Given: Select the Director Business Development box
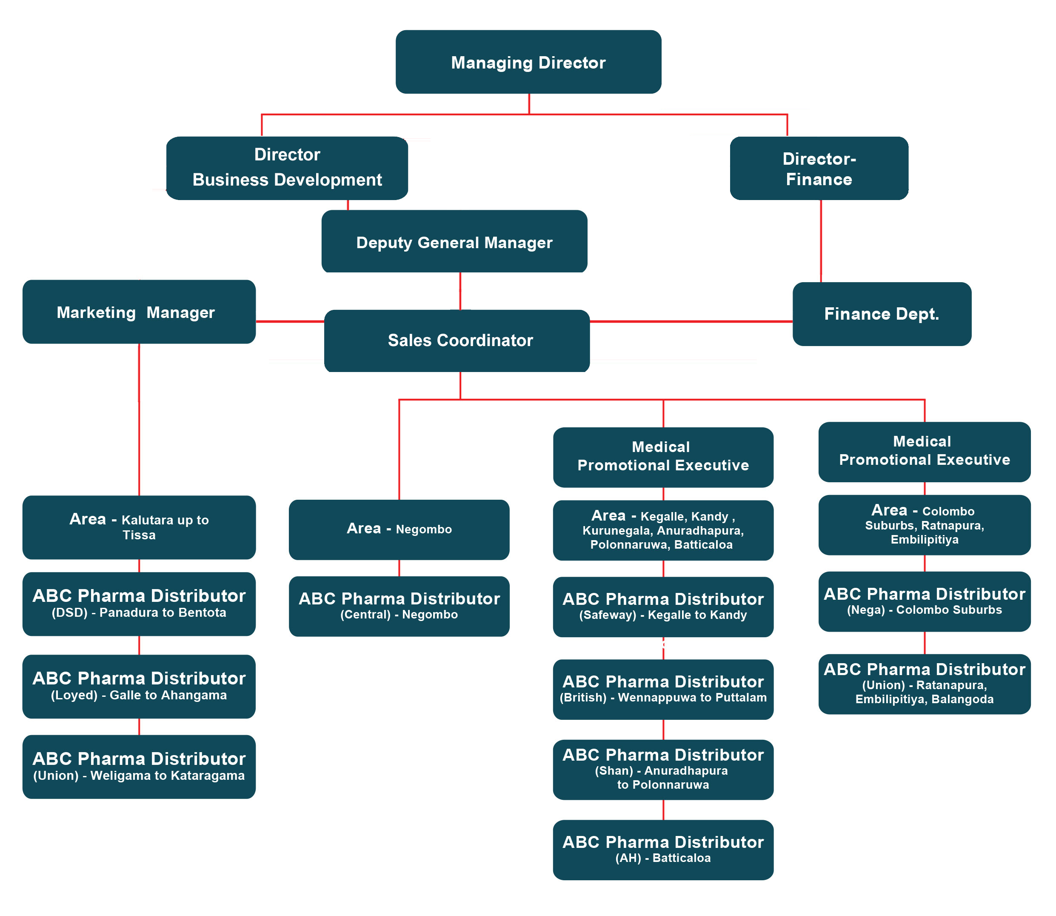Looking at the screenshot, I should coord(287,168).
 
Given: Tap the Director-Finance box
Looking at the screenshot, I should coord(819,168).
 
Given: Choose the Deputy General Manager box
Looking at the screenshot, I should coord(454,242).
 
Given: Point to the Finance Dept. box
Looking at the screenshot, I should coord(881,314).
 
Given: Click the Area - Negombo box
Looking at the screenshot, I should coord(399,529).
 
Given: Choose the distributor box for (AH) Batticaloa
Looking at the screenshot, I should coord(662,849).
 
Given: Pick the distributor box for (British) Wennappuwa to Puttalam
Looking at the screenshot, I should coord(662,689).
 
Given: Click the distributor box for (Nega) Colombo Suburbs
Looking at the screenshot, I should coord(924,601).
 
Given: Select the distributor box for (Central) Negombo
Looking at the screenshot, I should coord(399,606).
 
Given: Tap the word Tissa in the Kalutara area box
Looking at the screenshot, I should coord(139,535).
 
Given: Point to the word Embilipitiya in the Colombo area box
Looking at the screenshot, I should coord(924,539).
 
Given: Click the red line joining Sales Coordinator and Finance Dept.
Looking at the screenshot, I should coord(690,321).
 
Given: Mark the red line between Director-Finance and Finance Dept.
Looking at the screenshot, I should coord(820,240).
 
